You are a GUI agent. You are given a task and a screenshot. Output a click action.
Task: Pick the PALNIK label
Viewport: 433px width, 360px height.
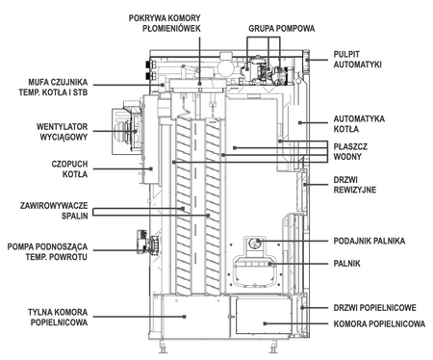[x=346, y=262]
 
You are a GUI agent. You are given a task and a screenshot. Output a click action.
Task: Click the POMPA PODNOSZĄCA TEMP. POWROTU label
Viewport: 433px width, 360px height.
[x=49, y=251]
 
